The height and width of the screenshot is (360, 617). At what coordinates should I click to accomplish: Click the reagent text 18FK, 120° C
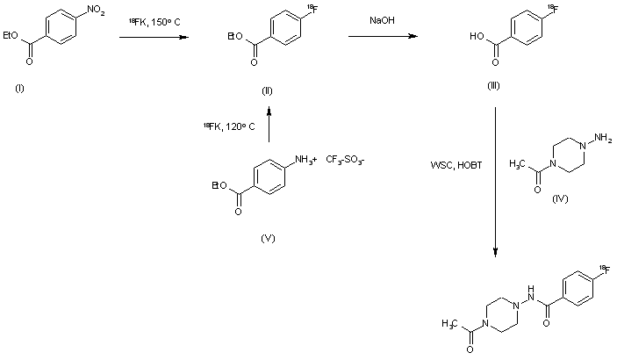point(228,127)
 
